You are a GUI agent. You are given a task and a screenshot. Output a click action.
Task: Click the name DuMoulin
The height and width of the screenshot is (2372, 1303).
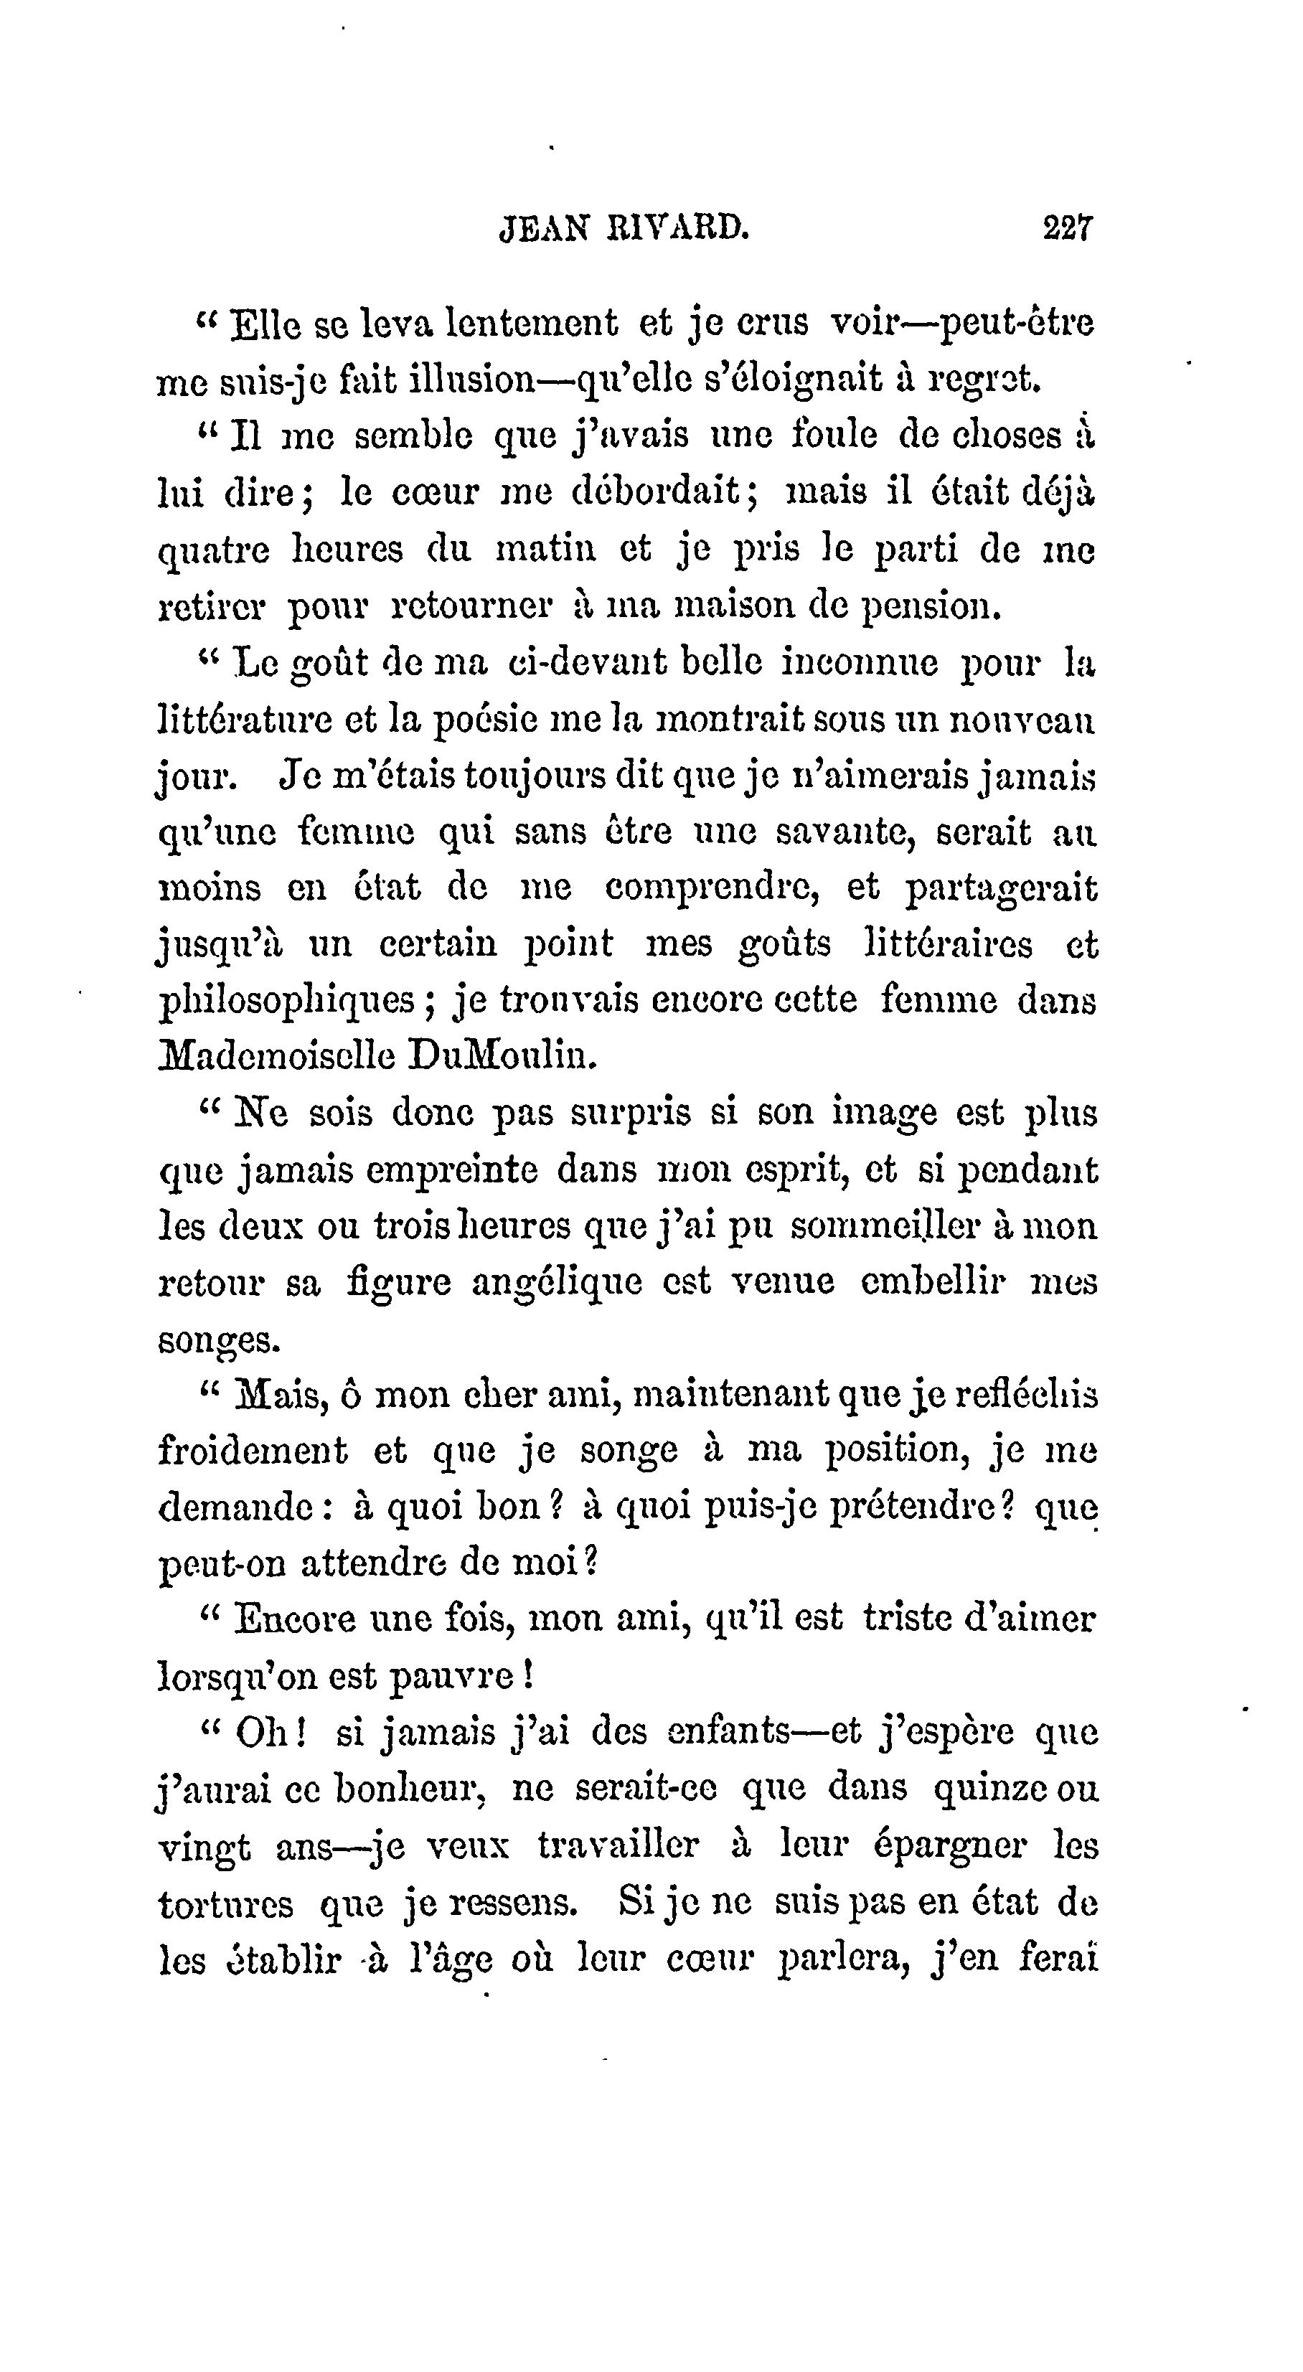pos(502,1055)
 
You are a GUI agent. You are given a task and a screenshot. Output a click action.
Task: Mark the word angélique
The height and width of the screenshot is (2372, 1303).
pos(556,1283)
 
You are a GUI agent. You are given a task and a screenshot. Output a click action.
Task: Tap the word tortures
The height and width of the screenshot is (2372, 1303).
pos(225,1902)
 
